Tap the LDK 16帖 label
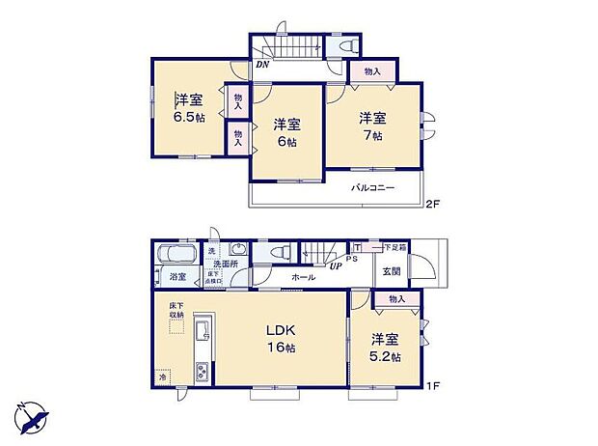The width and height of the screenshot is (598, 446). [x=281, y=339]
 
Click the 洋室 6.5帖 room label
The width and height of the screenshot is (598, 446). [x=188, y=107]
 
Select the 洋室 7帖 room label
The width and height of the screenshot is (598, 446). [x=373, y=126]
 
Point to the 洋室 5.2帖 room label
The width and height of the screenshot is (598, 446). [x=385, y=348]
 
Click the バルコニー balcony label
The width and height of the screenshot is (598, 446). [x=372, y=188]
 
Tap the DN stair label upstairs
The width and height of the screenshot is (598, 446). [x=261, y=66]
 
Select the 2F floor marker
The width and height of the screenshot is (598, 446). [x=433, y=204]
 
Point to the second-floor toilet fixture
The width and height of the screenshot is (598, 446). [x=347, y=43]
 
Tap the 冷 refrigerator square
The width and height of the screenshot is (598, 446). [x=163, y=376]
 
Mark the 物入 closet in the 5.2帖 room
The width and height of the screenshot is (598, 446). [x=396, y=300]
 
